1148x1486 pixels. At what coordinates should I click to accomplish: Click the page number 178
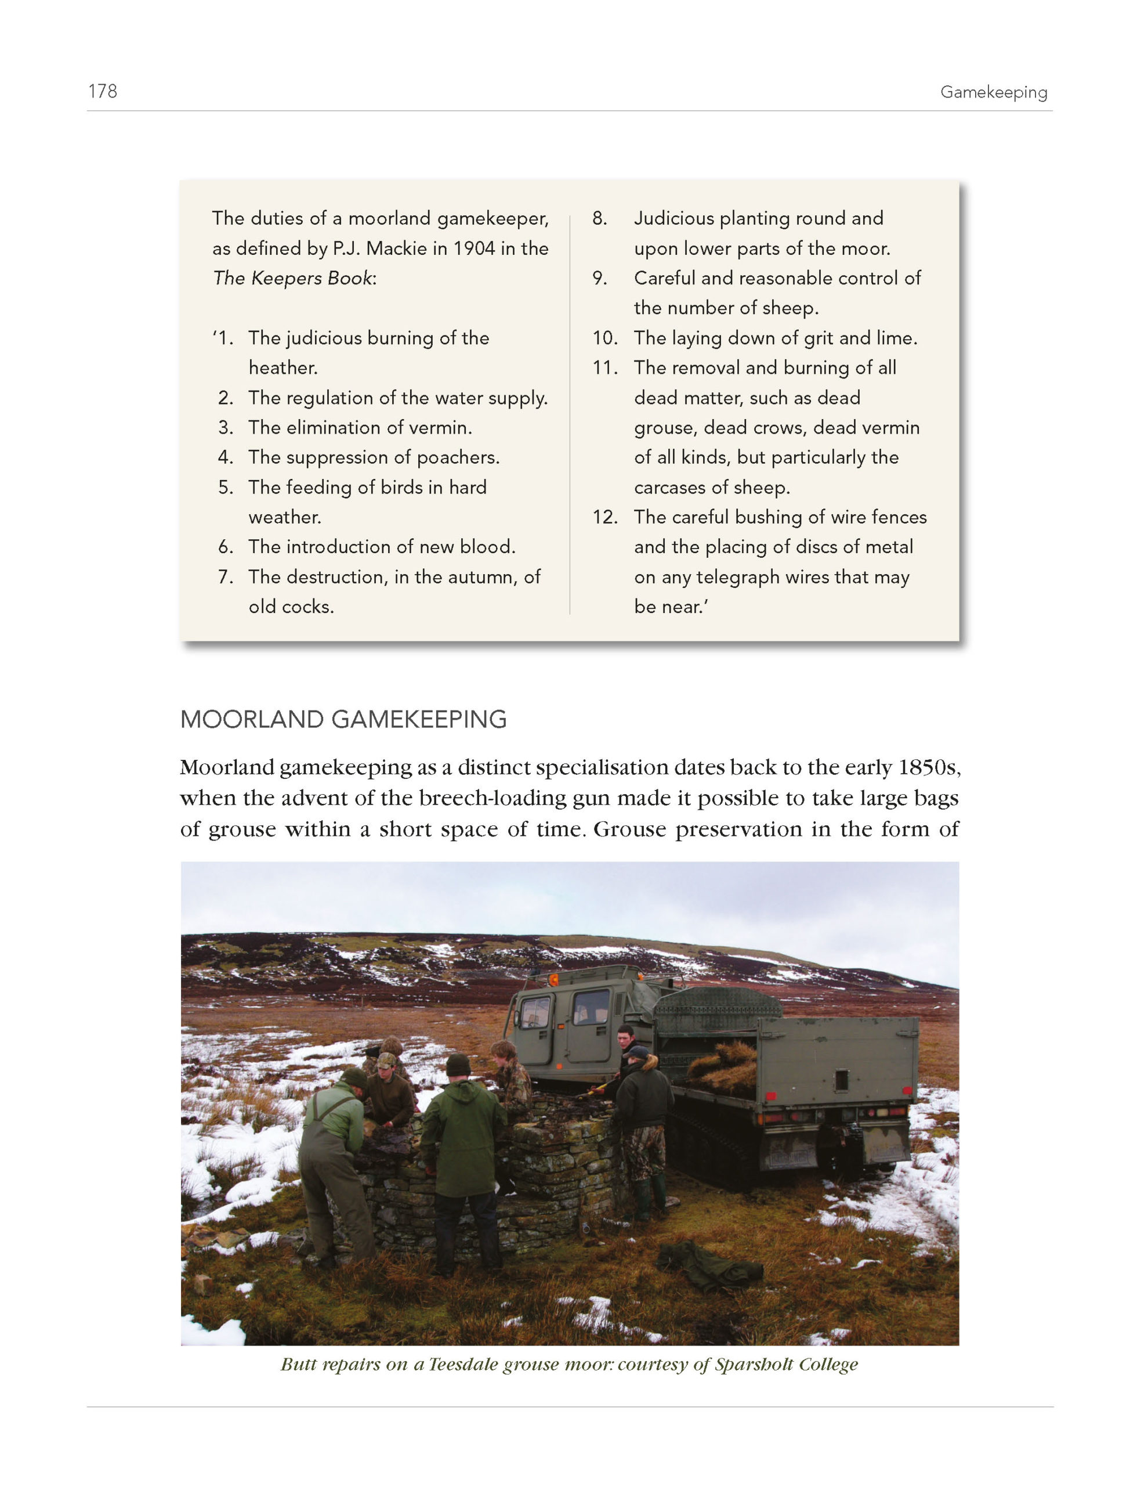(102, 91)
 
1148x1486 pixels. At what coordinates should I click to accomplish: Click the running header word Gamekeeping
(993, 92)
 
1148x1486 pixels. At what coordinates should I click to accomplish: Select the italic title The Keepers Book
(292, 278)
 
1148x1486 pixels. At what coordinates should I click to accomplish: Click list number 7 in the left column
(226, 577)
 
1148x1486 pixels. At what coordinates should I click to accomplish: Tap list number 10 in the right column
(604, 338)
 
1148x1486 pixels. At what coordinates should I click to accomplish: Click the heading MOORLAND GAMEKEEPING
(343, 719)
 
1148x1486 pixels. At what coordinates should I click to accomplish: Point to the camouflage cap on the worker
(387, 1060)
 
